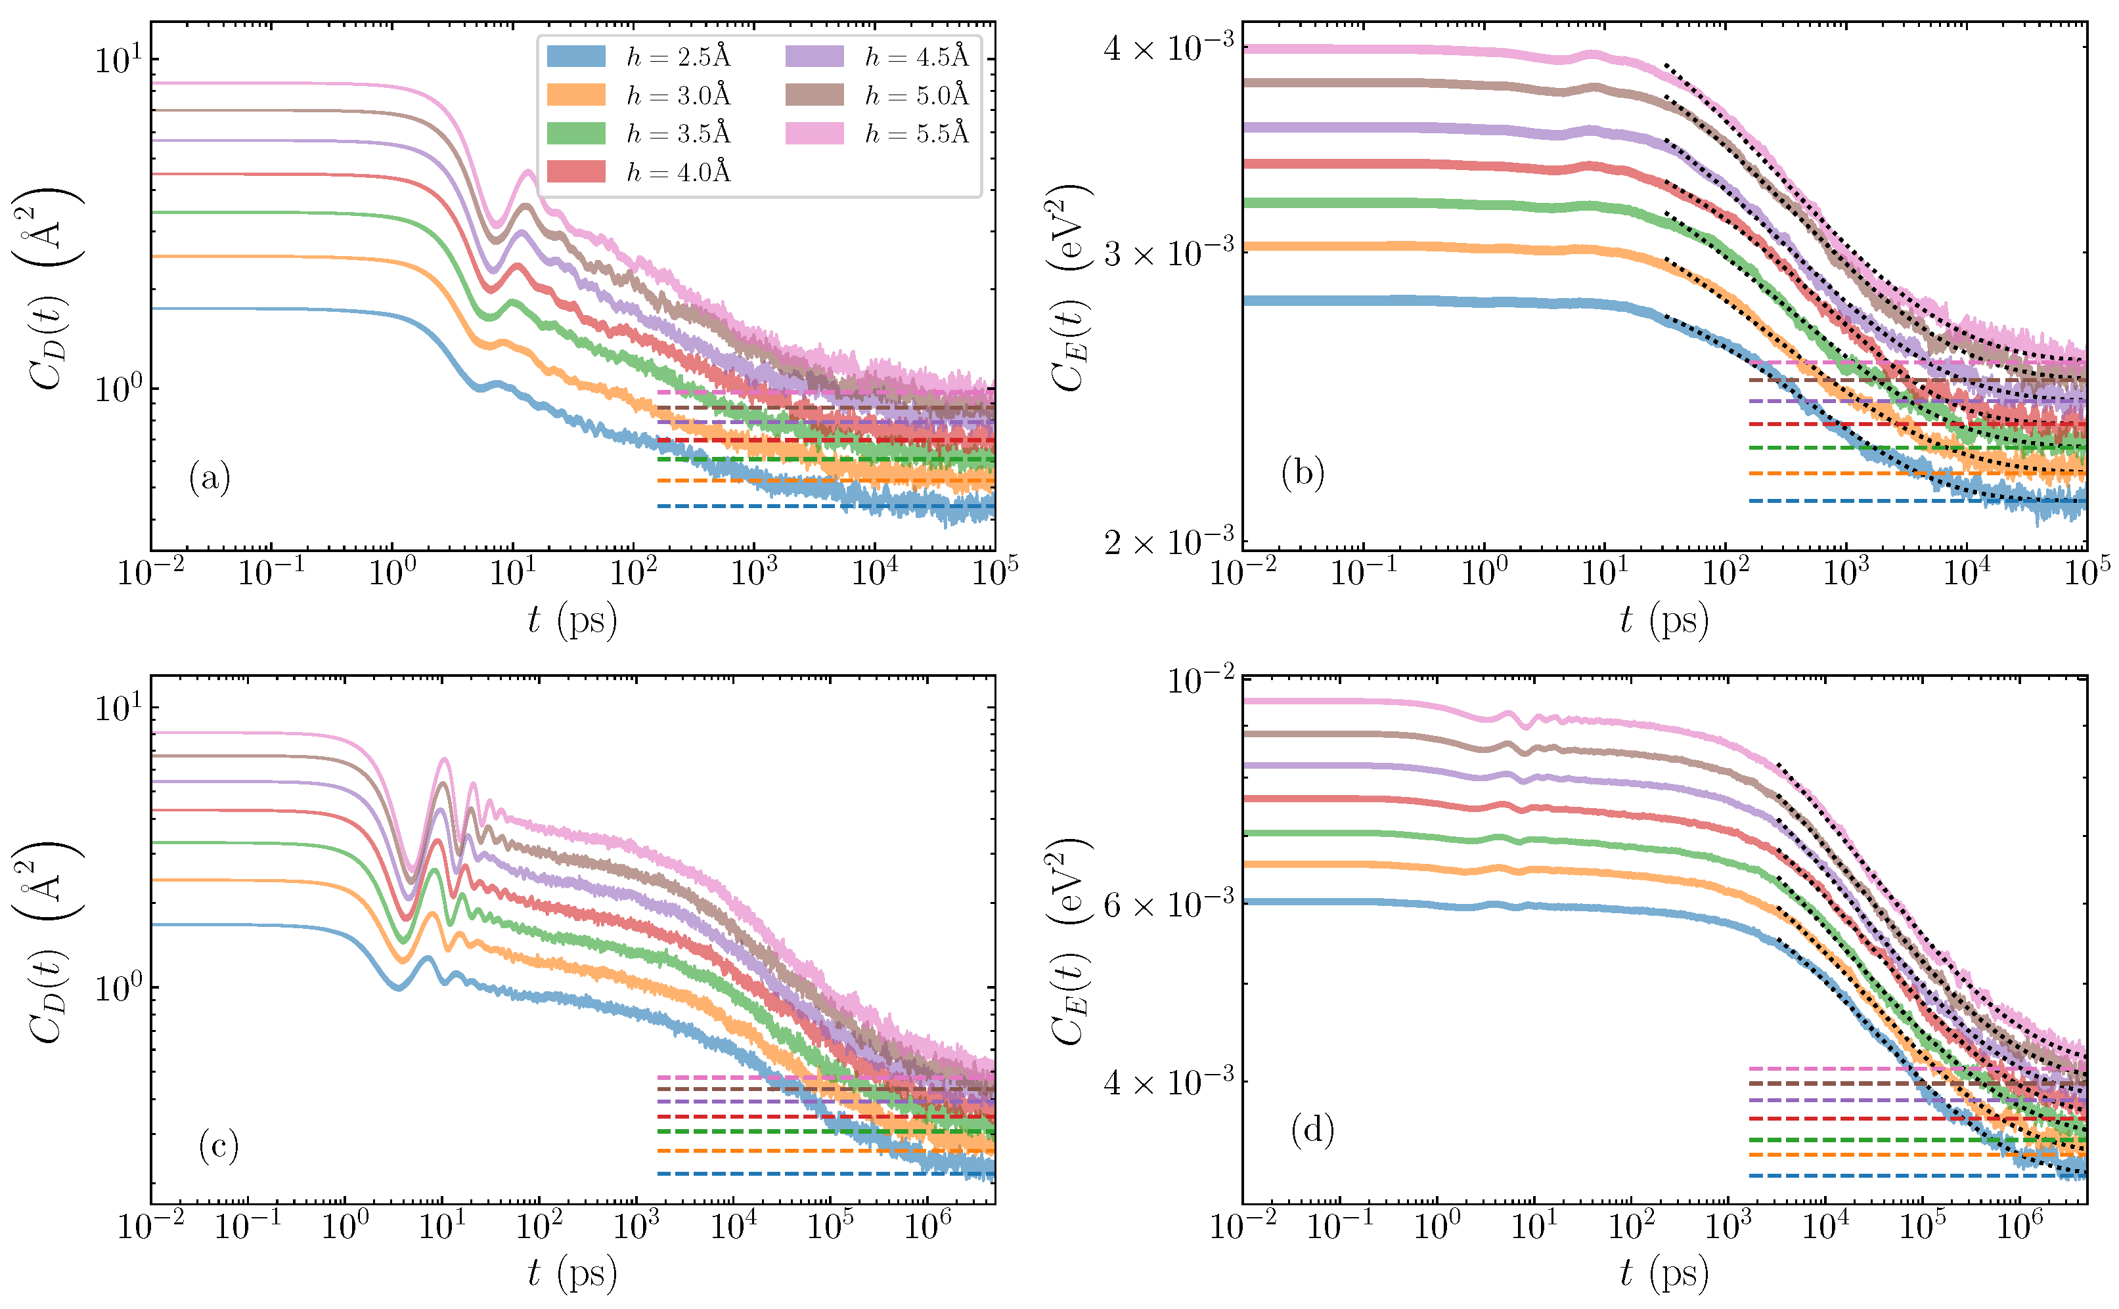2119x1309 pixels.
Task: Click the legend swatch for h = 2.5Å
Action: pos(576,57)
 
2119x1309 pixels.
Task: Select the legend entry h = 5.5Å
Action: pos(916,133)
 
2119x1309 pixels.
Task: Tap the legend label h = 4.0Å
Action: pos(678,172)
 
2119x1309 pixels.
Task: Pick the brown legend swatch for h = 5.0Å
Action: pos(814,95)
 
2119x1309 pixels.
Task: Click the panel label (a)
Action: pos(210,478)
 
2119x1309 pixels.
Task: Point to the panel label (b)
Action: pos(1303,473)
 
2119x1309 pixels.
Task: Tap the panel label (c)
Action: pos(218,1146)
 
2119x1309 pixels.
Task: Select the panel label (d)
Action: pos(1312,1130)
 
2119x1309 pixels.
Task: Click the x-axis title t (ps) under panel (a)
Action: pos(572,620)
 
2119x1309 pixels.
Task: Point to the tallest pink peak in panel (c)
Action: pos(444,760)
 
